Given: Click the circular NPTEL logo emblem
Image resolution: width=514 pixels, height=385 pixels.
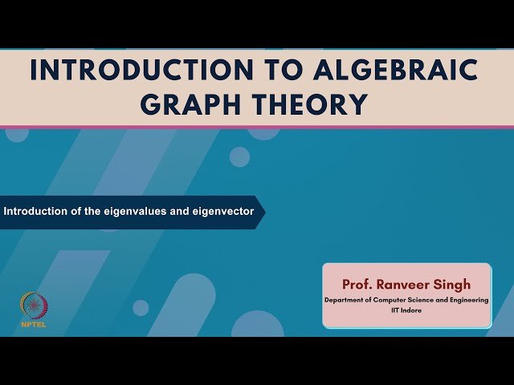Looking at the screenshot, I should coord(33,305).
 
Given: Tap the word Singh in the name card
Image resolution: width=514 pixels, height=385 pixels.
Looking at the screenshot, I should coord(452,285).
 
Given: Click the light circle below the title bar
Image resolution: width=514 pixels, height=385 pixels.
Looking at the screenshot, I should coord(239,156).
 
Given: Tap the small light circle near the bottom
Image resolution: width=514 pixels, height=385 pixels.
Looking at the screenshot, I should coord(141,308).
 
